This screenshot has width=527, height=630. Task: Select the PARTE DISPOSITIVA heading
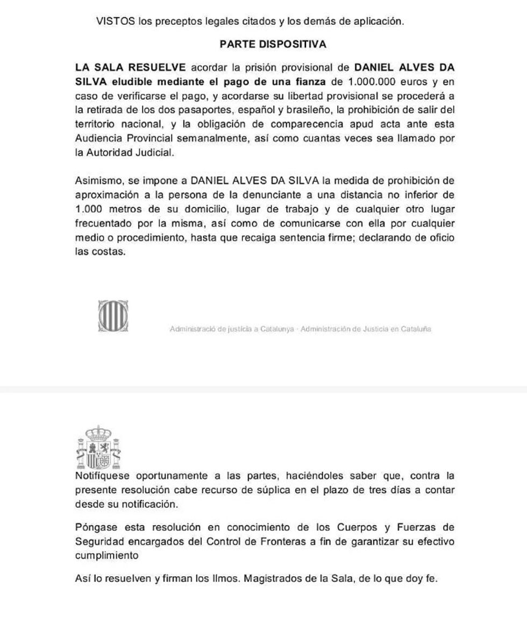coord(273,45)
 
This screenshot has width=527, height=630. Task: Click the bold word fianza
coord(307,82)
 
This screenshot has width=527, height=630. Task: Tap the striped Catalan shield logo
coord(113,316)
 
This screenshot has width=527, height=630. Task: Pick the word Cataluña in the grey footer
coord(415,329)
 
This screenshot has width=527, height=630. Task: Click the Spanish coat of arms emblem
coord(98,447)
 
